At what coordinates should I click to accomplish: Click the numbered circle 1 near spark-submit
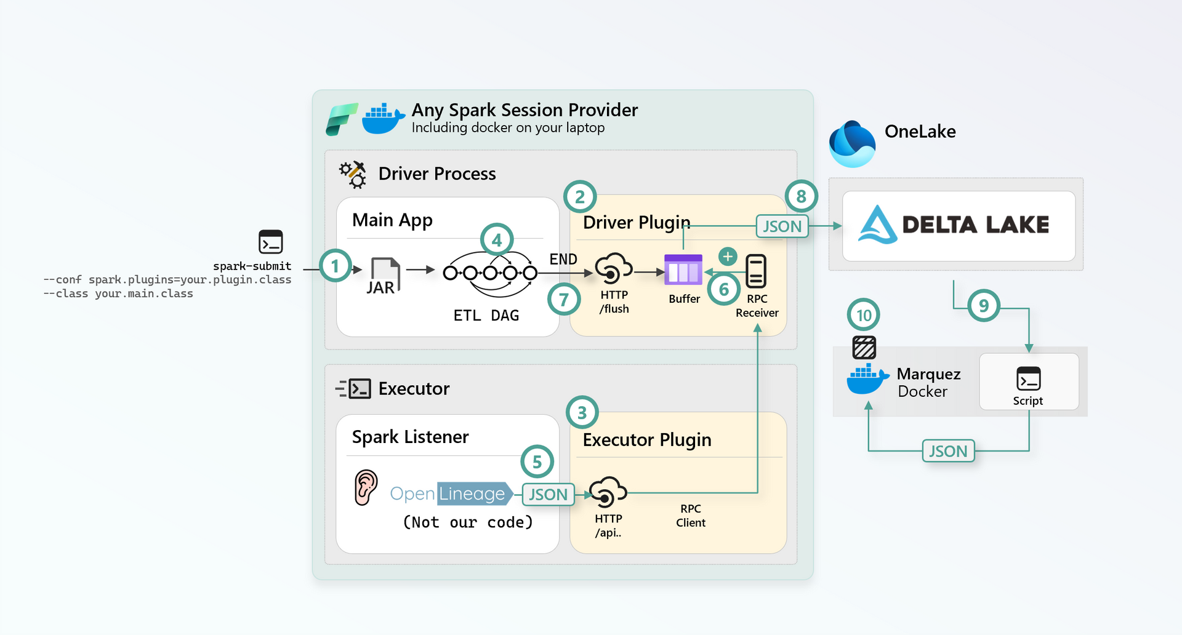[x=336, y=266]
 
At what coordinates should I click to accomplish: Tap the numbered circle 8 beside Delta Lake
[x=801, y=196]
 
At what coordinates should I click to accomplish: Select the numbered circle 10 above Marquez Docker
[x=864, y=315]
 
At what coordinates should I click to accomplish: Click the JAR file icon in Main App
[x=385, y=275]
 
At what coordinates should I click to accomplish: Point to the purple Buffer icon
[x=683, y=270]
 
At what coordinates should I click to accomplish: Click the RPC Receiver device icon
[x=756, y=271]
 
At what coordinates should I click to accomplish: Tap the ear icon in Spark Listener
[x=366, y=487]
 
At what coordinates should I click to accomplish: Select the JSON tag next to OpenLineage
[x=548, y=494]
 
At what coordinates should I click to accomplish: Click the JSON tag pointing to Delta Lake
[x=782, y=226]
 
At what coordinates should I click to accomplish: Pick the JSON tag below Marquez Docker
[x=948, y=451]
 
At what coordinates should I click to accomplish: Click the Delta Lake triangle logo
[x=877, y=225]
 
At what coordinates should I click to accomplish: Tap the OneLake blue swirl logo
[x=852, y=144]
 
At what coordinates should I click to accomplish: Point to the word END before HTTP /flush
[x=563, y=259]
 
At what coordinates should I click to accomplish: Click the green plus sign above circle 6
[x=728, y=256]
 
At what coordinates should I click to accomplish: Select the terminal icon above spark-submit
[x=271, y=242]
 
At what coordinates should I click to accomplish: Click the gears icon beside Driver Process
[x=353, y=175]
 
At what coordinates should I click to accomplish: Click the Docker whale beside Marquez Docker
[x=867, y=379]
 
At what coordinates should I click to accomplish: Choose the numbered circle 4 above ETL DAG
[x=497, y=240]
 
